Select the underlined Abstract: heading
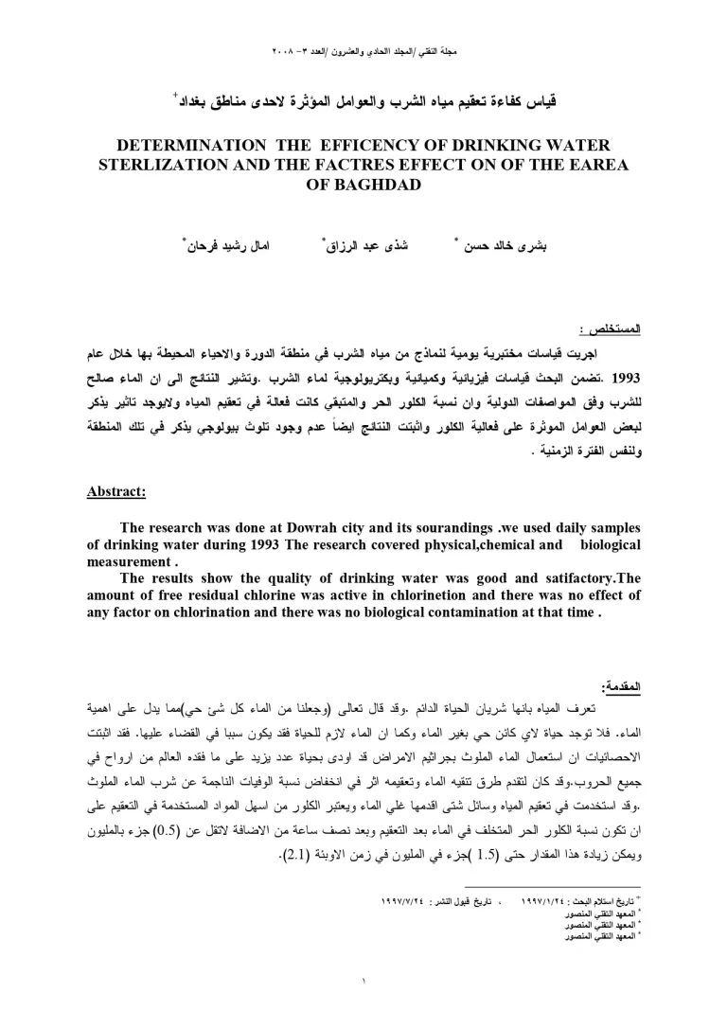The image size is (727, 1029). tap(115, 491)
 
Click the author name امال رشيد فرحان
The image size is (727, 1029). tap(222, 244)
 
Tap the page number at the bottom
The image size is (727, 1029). tap(363, 979)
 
